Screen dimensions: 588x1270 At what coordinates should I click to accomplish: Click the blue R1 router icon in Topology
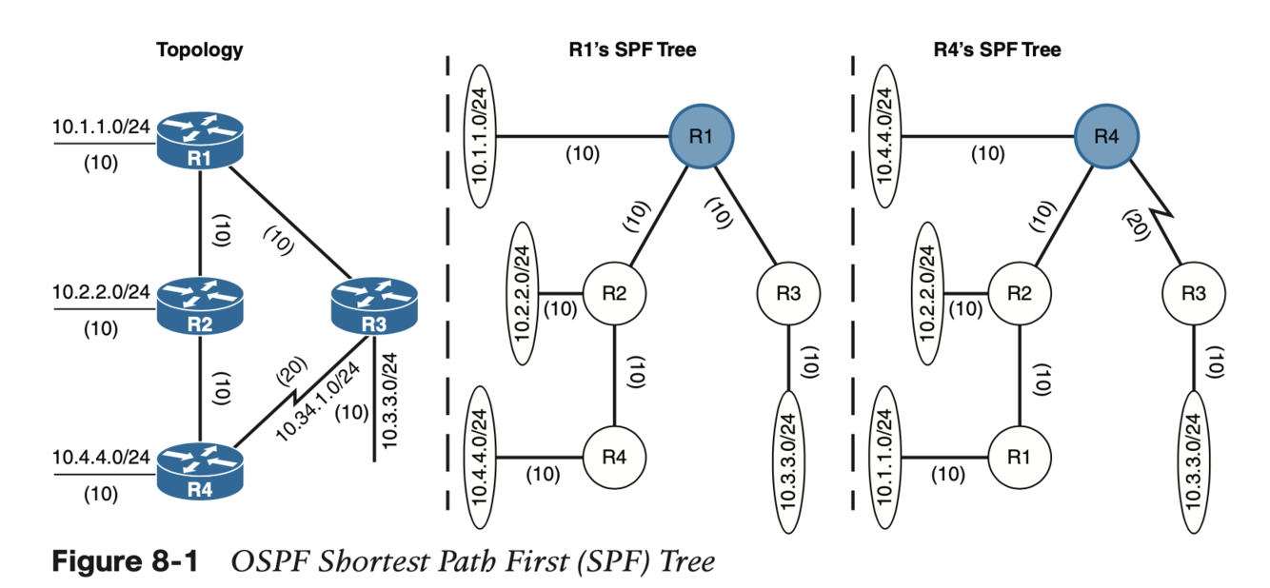pos(199,140)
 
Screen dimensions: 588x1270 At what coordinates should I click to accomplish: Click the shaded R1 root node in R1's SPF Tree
pos(702,136)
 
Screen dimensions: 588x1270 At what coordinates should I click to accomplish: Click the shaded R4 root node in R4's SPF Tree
pos(1105,136)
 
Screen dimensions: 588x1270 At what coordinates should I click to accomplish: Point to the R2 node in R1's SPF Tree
pos(615,292)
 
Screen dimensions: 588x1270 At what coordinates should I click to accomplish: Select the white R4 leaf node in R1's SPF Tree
pos(615,457)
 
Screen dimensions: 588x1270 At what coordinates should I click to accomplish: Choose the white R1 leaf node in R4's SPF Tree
pos(1020,457)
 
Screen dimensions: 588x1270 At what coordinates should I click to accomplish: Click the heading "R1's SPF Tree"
pos(625,50)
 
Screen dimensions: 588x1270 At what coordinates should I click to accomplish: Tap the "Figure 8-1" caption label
pos(125,561)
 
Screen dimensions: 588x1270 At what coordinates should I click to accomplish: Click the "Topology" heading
pos(199,50)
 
